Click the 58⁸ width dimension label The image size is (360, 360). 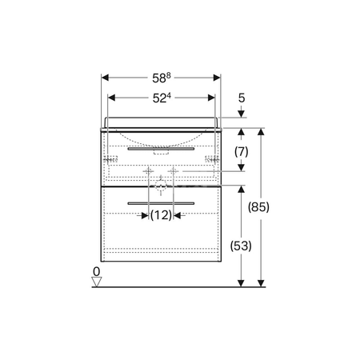click(x=162, y=78)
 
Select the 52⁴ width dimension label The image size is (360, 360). click(x=162, y=98)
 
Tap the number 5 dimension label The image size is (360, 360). click(x=242, y=98)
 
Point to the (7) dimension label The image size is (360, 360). click(x=242, y=152)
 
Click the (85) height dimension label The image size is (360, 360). click(x=258, y=206)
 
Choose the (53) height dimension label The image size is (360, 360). click(x=241, y=246)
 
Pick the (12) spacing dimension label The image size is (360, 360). click(x=161, y=215)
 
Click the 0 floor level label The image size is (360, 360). click(x=96, y=271)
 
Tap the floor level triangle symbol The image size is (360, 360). click(x=97, y=282)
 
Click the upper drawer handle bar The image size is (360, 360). click(x=161, y=149)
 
